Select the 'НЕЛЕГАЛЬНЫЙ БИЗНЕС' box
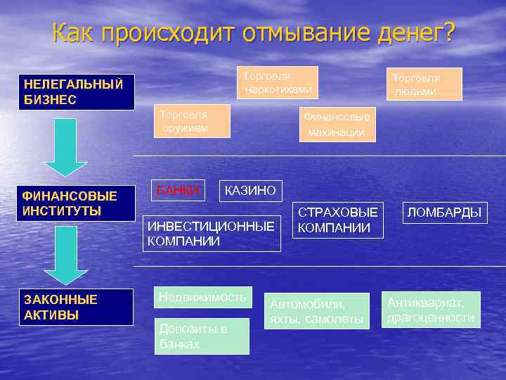[77, 92]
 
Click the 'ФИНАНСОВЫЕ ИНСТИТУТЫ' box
[77, 203]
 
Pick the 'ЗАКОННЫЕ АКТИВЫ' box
[77, 308]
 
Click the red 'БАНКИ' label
[179, 189]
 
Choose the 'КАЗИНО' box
[249, 190]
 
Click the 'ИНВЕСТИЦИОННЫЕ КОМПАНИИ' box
[211, 234]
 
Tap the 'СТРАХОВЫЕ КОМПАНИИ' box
[339, 220]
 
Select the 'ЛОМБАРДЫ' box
[444, 212]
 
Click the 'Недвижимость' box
[202, 298]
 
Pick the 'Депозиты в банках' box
[202, 336]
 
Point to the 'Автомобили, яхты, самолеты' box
[317, 311]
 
